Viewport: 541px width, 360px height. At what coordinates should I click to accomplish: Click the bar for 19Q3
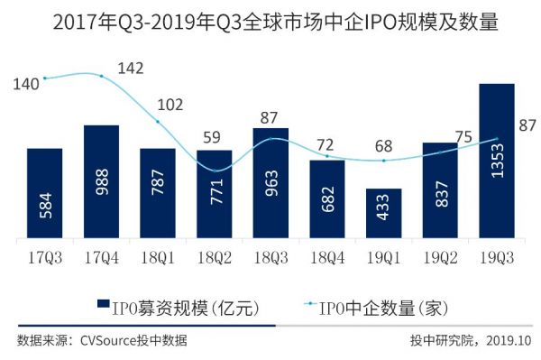pyautogui.click(x=497, y=162)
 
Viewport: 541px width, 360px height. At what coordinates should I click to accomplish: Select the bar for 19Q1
pyautogui.click(x=384, y=215)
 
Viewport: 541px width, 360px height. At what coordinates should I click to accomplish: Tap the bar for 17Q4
pyautogui.click(x=102, y=182)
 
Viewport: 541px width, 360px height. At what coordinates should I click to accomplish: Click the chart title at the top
pyautogui.click(x=270, y=20)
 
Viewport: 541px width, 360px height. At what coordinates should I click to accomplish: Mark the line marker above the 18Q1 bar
pyautogui.click(x=158, y=122)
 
